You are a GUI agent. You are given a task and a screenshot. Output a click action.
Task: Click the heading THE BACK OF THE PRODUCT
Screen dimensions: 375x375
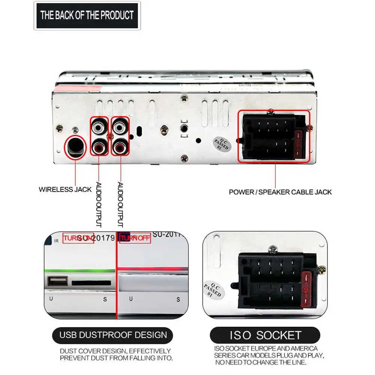click(x=87, y=15)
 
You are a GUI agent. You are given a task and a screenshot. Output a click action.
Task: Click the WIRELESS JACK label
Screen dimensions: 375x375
click(x=65, y=190)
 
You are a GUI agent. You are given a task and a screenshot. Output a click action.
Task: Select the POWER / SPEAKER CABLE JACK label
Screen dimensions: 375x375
click(x=280, y=192)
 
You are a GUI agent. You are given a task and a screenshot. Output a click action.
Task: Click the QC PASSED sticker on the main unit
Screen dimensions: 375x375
click(x=221, y=143)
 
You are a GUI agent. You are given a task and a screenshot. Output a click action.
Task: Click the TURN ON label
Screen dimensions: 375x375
click(x=78, y=238)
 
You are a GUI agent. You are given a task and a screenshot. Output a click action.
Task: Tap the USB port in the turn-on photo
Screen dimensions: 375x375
click(x=58, y=282)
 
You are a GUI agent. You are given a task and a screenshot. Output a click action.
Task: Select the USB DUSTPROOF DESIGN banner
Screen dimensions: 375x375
click(x=113, y=334)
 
